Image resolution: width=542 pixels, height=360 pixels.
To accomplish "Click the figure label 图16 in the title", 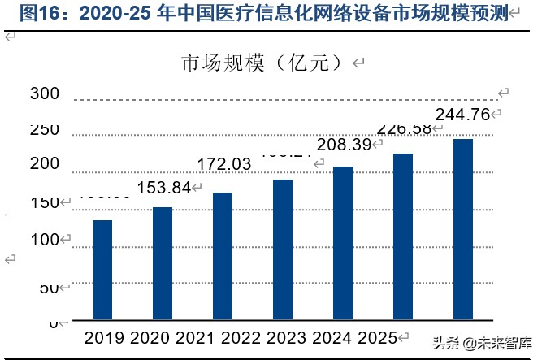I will pos(37,13).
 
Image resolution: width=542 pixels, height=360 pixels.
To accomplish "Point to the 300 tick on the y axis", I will pos(45,94).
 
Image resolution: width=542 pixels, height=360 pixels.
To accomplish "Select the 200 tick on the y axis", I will pos(45,164).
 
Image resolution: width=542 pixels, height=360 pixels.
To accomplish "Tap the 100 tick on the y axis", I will pos(45,241).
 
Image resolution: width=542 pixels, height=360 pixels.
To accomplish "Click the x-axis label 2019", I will pos(103,337).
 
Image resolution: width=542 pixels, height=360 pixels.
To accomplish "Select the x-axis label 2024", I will pos(342,337).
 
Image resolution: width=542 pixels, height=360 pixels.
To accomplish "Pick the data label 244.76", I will pos(463,115).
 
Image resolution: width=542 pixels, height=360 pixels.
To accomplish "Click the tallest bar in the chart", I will pos(463,230).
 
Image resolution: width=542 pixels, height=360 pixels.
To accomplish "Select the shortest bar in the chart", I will pos(102,271).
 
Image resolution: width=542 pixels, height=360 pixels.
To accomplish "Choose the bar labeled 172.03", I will pos(223,257).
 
